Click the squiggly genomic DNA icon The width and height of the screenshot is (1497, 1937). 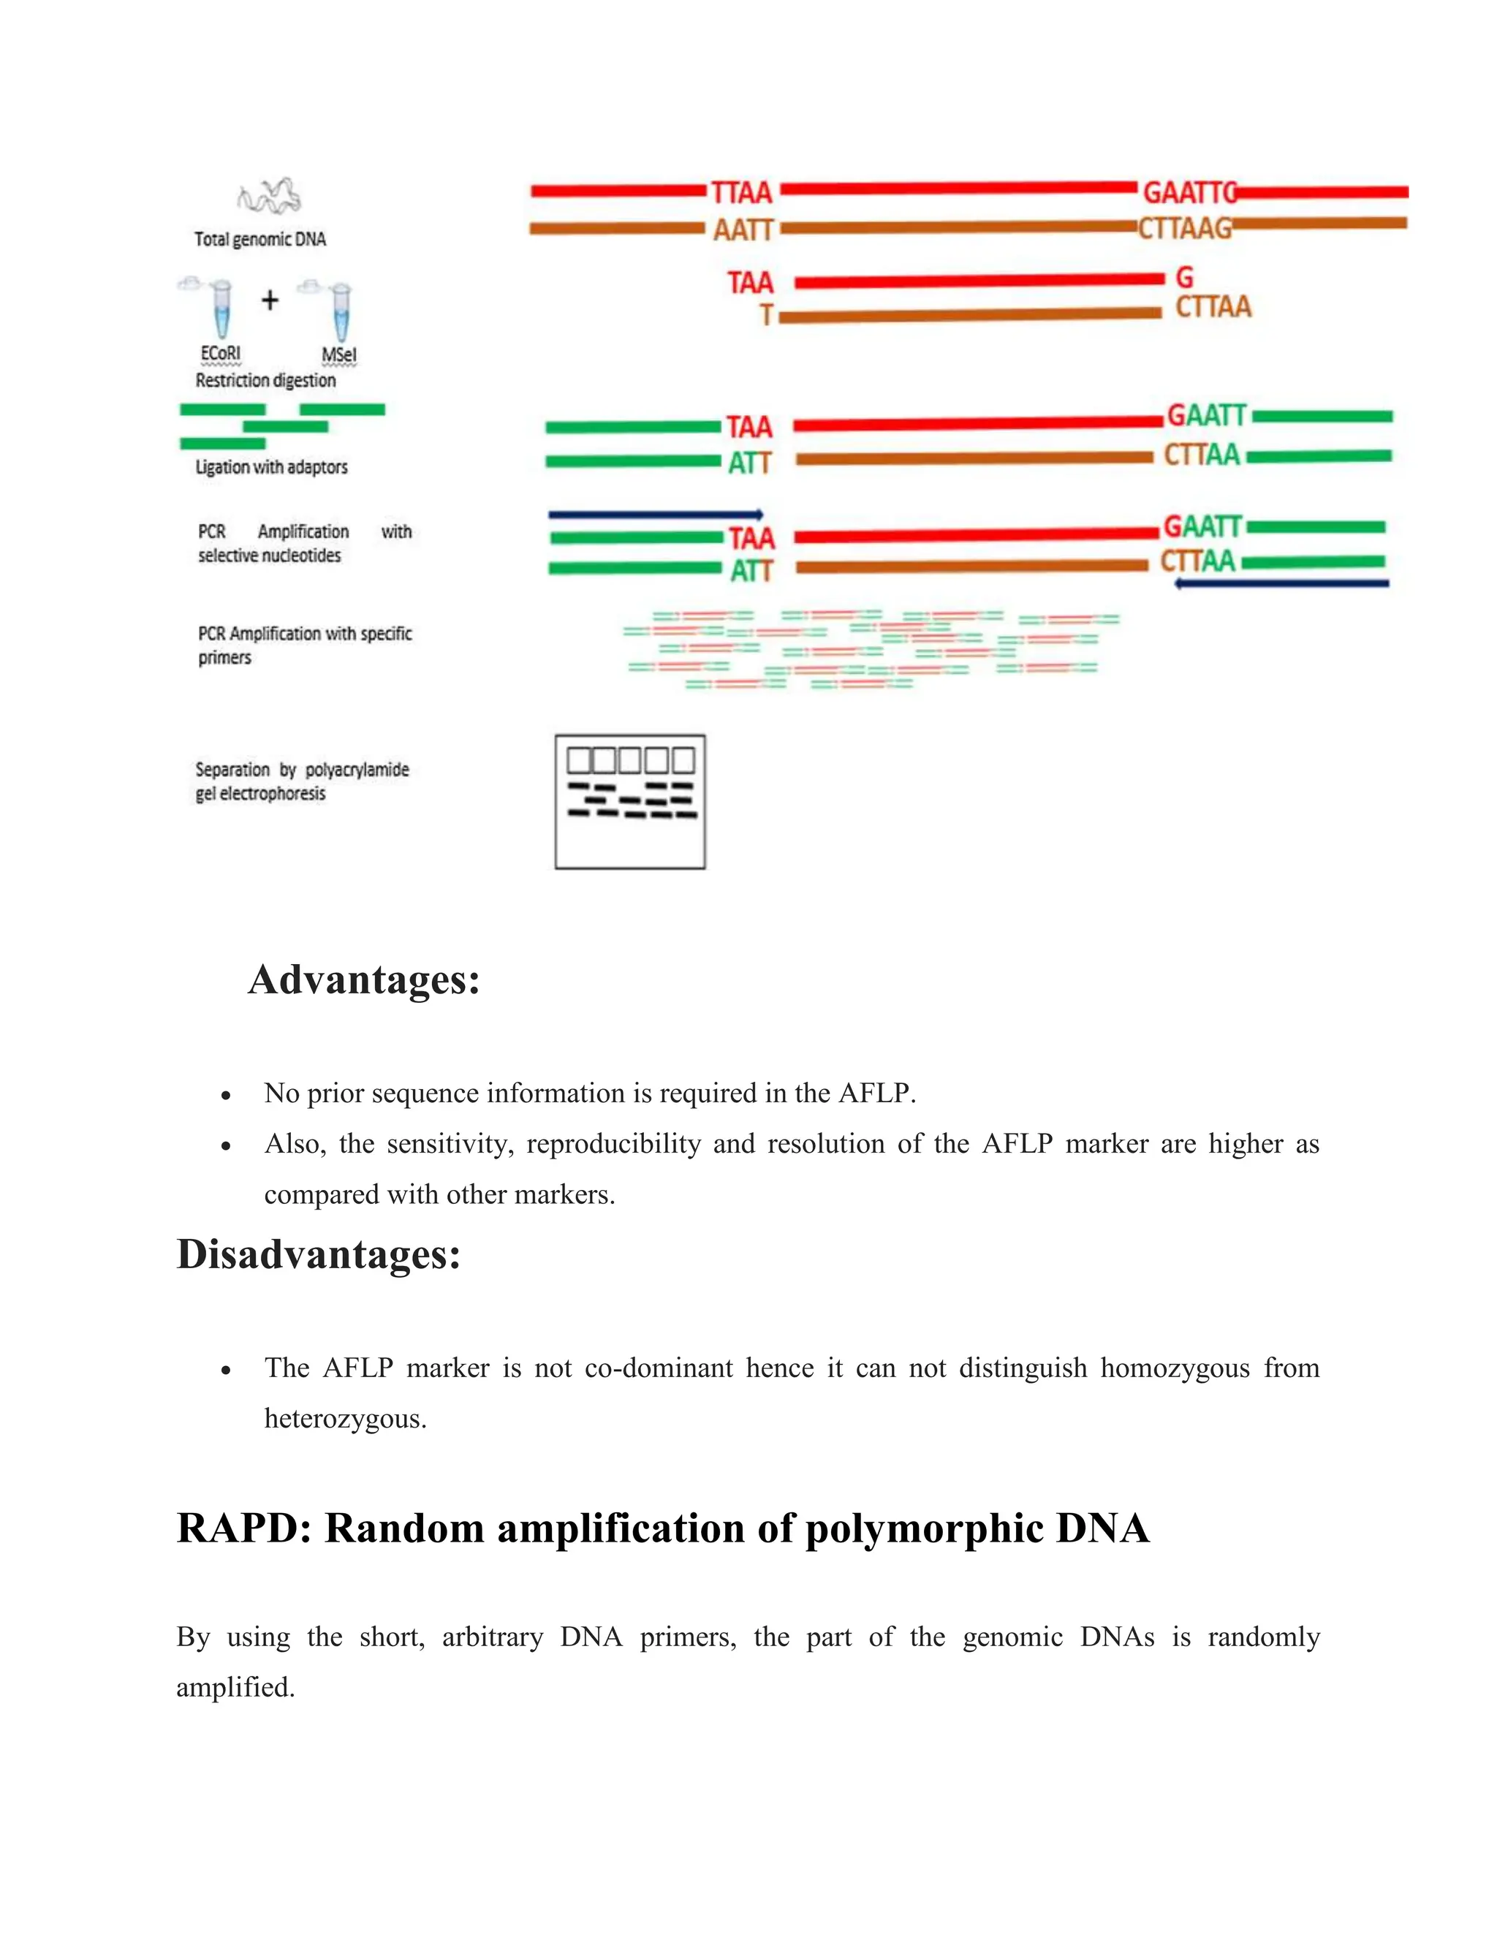click(x=269, y=196)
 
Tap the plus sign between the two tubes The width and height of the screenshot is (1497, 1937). click(x=270, y=300)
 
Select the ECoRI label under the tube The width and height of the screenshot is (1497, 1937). click(x=220, y=354)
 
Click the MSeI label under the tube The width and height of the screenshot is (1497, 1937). click(x=338, y=355)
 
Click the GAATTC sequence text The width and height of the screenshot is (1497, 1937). click(x=1189, y=192)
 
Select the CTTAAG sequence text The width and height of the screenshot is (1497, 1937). click(x=1186, y=229)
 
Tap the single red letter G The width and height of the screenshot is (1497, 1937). click(x=1185, y=278)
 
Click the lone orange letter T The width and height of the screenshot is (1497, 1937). click(x=766, y=315)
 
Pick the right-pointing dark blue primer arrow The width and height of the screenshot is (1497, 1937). click(x=656, y=515)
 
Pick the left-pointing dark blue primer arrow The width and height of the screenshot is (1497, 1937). click(x=1281, y=583)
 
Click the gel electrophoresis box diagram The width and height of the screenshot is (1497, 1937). click(x=629, y=802)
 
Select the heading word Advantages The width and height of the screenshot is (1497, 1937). click(x=363, y=980)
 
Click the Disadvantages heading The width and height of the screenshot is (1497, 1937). click(x=319, y=1255)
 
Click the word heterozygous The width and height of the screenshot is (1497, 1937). click(x=345, y=1419)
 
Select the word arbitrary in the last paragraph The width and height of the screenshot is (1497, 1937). click(x=492, y=1637)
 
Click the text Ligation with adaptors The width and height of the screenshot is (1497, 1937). click(x=271, y=466)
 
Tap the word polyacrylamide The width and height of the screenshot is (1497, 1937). click(x=357, y=769)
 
